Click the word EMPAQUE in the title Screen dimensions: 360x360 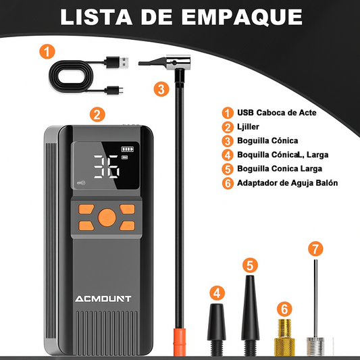pyautogui.click(x=242, y=17)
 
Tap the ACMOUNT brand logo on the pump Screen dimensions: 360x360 pyautogui.click(x=103, y=299)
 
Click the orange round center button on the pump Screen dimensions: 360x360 pyautogui.click(x=107, y=217)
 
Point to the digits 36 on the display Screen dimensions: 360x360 pyautogui.click(x=107, y=167)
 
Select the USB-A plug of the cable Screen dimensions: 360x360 pyautogui.click(x=117, y=62)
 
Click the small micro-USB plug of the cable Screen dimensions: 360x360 pyautogui.click(x=114, y=91)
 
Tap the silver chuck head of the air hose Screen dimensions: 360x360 pyautogui.click(x=178, y=62)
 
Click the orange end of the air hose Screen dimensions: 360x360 pyautogui.click(x=179, y=342)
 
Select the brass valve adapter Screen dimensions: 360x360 pyautogui.click(x=284, y=337)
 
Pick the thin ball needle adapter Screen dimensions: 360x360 pyautogui.click(x=315, y=307)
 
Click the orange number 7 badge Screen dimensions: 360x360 pyautogui.click(x=315, y=249)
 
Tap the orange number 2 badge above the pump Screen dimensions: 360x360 pyautogui.click(x=97, y=114)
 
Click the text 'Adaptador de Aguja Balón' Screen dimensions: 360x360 pyautogui.click(x=287, y=183)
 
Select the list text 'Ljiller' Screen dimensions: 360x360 pyautogui.click(x=248, y=127)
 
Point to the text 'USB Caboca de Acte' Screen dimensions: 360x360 pyautogui.click(x=277, y=113)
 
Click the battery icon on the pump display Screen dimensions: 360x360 pyautogui.click(x=128, y=149)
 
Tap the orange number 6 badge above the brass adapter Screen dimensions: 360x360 pyautogui.click(x=284, y=309)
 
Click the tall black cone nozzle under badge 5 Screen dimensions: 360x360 pyautogui.click(x=251, y=315)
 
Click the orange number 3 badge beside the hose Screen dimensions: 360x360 pyautogui.click(x=161, y=89)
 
